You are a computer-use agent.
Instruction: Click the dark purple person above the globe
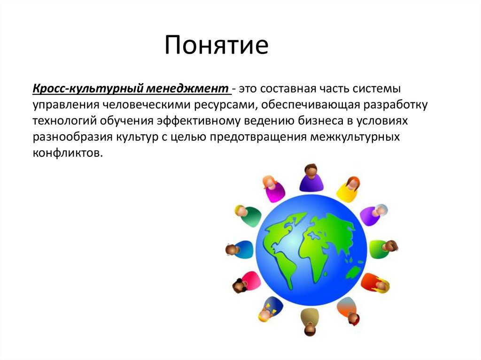pos(311,178)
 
